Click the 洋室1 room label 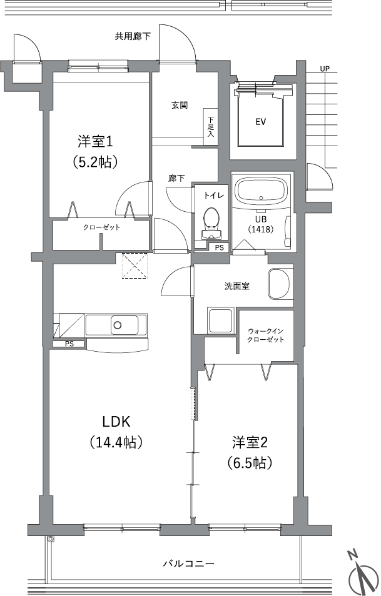coord(96,142)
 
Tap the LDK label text coord(116,422)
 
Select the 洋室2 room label coord(250,442)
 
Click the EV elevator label coord(260,122)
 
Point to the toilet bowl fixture coord(211,224)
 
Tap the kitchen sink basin coord(116,325)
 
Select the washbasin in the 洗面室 coord(280,284)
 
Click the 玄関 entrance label coord(180,106)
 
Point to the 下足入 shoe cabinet coord(210,127)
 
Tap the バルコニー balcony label coord(188,564)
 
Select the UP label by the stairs coord(325,69)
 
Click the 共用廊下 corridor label coord(133,36)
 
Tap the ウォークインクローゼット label coord(266,335)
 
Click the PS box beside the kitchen coord(69,344)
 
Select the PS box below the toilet coord(219,247)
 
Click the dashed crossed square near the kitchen coord(135,266)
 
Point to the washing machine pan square coord(221,321)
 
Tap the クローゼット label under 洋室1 coord(101,227)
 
